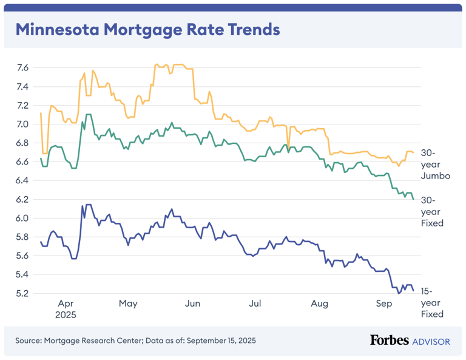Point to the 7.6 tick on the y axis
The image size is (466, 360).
[x=22, y=67]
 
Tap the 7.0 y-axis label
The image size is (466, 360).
[x=22, y=124]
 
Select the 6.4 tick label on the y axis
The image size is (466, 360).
[x=22, y=180]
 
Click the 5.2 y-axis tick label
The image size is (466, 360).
[x=22, y=293]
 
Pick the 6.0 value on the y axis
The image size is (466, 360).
[x=22, y=218]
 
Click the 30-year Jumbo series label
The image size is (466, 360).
[x=435, y=164]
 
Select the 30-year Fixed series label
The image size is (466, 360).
[x=433, y=211]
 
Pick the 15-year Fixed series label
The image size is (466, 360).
[x=433, y=302]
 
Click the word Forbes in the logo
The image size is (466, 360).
[x=389, y=341]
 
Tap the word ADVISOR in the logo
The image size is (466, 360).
[x=431, y=341]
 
